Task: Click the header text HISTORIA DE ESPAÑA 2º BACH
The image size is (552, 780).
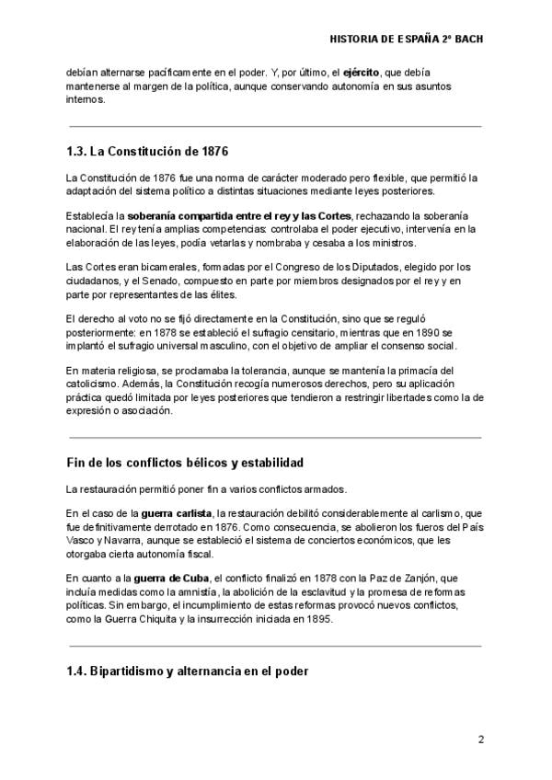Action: tap(406, 40)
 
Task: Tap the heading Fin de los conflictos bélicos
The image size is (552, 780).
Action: tap(185, 461)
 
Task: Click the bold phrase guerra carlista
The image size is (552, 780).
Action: tap(177, 512)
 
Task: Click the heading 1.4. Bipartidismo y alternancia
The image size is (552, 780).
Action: tap(187, 671)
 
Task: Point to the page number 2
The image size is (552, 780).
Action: tap(480, 740)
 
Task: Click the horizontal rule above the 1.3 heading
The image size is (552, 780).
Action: tap(275, 126)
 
